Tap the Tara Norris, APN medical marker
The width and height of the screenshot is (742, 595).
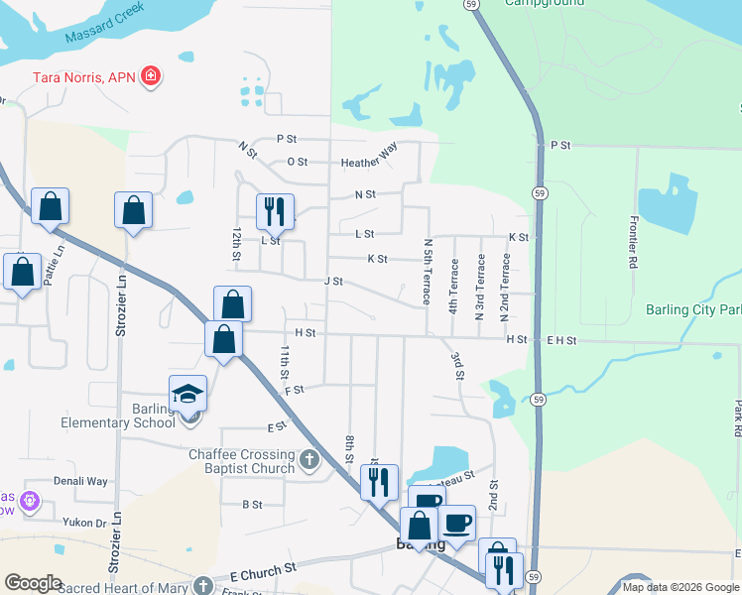pyautogui.click(x=151, y=76)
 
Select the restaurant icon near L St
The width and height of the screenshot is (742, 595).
pyautogui.click(x=275, y=211)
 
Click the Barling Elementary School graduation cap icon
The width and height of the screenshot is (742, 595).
pyautogui.click(x=187, y=394)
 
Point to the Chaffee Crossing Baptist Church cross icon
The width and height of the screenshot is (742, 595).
pyautogui.click(x=309, y=460)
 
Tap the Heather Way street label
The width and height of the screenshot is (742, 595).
pyautogui.click(x=368, y=162)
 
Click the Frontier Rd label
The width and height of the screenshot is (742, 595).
pyautogui.click(x=631, y=244)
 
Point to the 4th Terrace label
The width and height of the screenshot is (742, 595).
pyautogui.click(x=453, y=287)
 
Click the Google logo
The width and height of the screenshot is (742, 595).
pyautogui.click(x=33, y=583)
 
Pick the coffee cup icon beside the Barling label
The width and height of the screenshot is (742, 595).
pyautogui.click(x=456, y=523)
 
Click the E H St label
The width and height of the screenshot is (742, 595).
pyautogui.click(x=560, y=340)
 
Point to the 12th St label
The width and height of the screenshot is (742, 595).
pyautogui.click(x=237, y=244)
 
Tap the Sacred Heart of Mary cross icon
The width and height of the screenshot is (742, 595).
pyautogui.click(x=204, y=586)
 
